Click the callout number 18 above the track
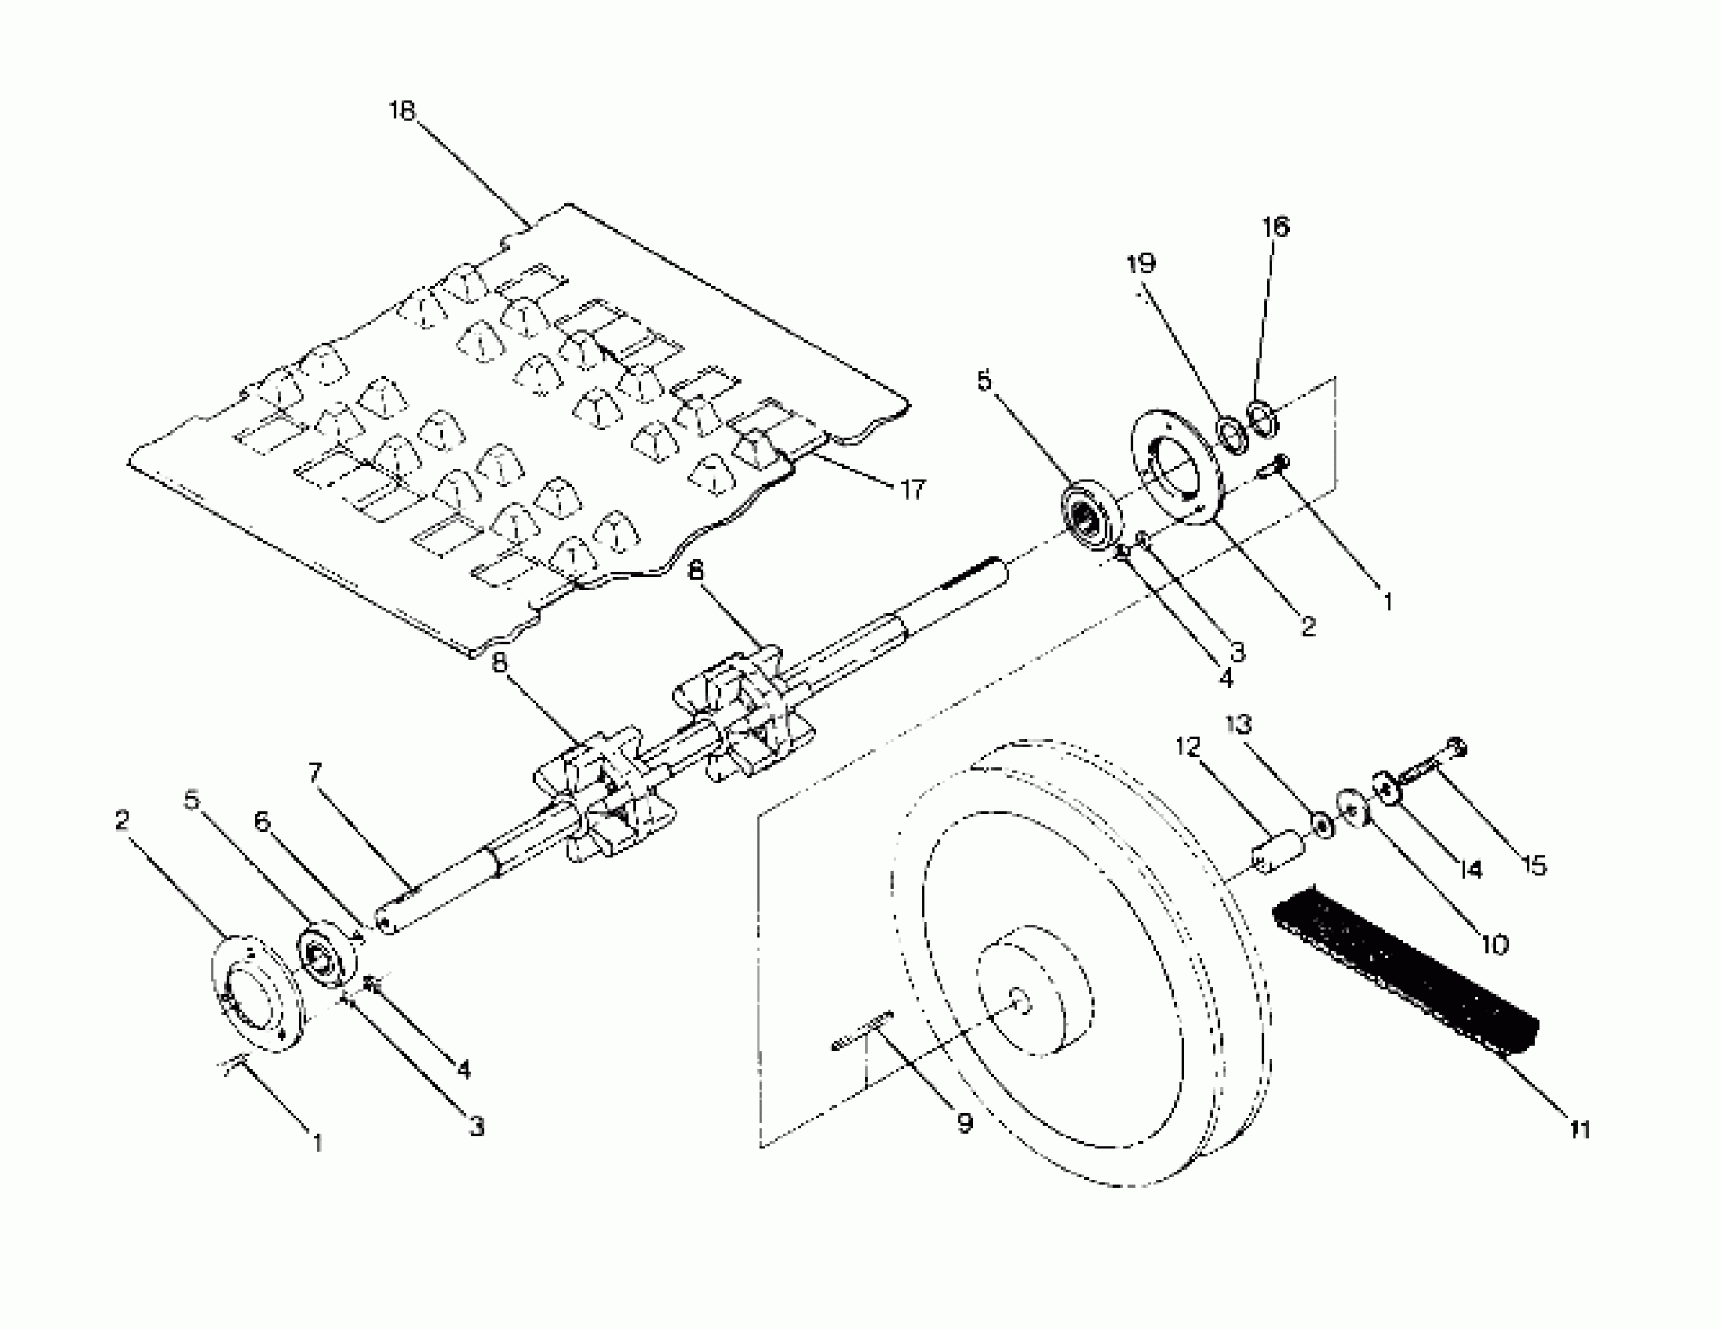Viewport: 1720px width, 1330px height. tap(402, 111)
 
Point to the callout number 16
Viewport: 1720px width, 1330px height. tap(1276, 227)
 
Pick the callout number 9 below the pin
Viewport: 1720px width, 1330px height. tap(966, 1123)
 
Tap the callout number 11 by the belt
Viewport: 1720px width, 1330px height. tap(1580, 1130)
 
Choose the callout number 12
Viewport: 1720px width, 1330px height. tap(1188, 746)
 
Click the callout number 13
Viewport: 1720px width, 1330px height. tap(1239, 724)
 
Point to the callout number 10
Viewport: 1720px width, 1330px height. tap(1494, 944)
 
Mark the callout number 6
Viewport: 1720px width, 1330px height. tap(262, 821)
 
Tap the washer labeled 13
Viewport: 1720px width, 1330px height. tap(1320, 825)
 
